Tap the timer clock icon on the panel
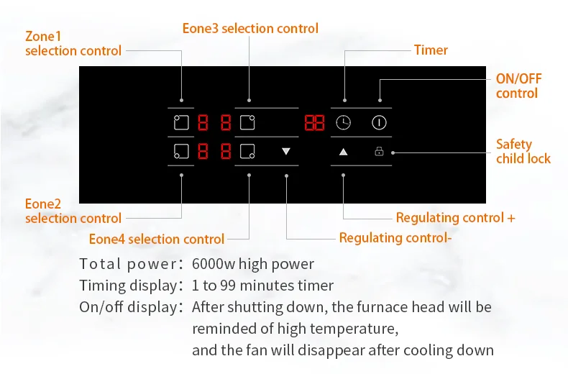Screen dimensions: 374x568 (x=344, y=122)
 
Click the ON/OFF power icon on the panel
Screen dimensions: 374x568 (x=379, y=122)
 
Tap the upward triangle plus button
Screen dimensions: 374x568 (x=343, y=152)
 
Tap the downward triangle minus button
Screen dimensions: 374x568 (x=286, y=152)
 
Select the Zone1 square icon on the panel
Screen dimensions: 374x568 (x=180, y=122)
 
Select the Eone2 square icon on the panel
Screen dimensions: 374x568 (x=180, y=152)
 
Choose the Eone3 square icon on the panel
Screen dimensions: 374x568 (x=247, y=122)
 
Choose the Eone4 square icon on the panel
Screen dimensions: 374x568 (x=247, y=152)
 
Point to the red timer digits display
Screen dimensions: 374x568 (x=313, y=122)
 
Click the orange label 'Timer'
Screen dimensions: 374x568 (x=431, y=50)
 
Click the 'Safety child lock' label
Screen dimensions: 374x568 (x=523, y=151)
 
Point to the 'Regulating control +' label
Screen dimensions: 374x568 (x=455, y=217)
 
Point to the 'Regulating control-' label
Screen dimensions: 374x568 (x=395, y=237)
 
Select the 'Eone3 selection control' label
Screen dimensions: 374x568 (x=250, y=28)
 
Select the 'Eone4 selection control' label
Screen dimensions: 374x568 (x=157, y=239)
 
